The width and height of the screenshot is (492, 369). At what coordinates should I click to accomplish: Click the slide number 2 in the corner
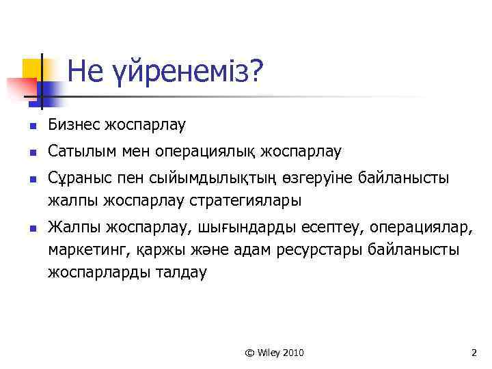[473, 353]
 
